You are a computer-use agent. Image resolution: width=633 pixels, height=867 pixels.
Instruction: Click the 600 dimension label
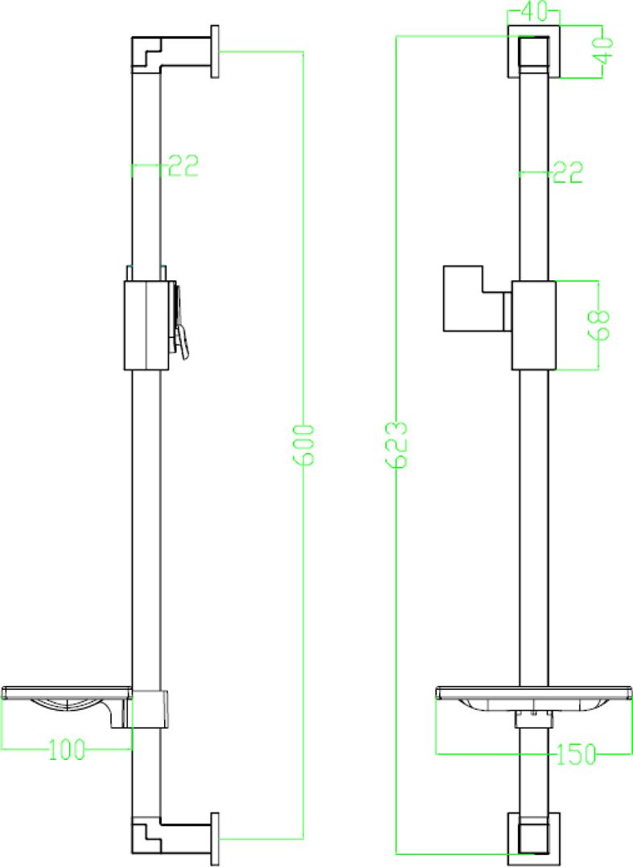coord(303,444)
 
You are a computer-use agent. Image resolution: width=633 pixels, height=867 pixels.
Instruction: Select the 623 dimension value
coord(397,444)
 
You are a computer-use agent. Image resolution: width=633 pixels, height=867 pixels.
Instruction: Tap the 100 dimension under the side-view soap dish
coord(67,749)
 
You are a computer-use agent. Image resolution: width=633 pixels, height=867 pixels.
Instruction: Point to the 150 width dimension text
coord(576,754)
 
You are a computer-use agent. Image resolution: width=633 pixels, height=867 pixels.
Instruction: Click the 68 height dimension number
coord(601,325)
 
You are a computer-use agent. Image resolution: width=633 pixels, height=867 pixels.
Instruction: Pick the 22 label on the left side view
coord(182,167)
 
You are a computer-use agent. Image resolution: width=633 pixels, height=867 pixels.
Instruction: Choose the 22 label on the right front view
coord(566,171)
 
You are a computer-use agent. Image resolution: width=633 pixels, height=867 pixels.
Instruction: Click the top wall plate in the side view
coord(216,52)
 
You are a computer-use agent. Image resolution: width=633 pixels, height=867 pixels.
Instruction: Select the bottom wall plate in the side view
coord(216,839)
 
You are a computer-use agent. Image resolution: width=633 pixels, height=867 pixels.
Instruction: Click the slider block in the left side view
coord(146,325)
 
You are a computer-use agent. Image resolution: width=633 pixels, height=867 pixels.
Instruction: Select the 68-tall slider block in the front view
coord(534,325)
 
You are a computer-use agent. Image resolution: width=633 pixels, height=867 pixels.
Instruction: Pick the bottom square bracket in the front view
coord(533,834)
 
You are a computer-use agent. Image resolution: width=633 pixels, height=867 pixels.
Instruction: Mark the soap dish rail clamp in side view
coord(150,708)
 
